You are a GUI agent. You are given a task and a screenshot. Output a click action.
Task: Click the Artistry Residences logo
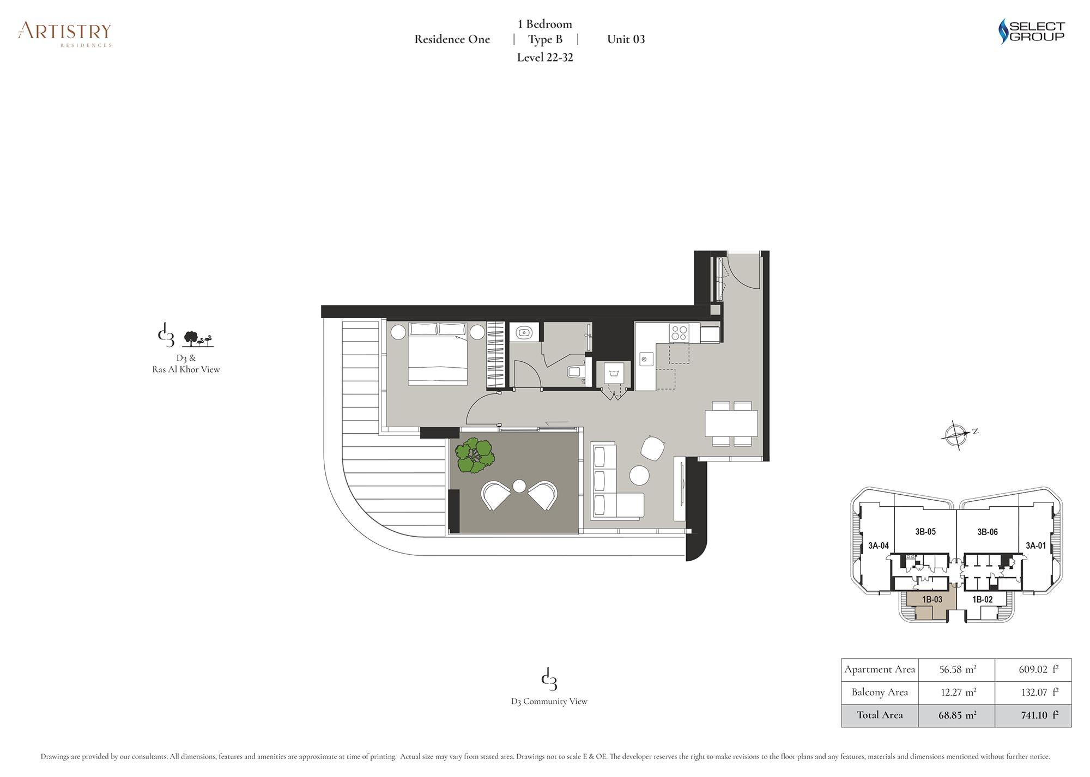65,34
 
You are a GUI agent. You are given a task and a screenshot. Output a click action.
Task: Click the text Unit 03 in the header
626,39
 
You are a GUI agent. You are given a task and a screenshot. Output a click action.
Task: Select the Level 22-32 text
545,57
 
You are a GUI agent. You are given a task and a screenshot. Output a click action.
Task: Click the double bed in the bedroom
438,354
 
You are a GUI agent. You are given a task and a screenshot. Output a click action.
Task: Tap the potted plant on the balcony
475,456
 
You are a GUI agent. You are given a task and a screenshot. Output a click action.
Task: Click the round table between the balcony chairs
519,485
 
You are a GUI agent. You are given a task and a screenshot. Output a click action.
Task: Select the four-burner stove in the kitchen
679,332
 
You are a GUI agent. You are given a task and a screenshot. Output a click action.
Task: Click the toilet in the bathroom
576,372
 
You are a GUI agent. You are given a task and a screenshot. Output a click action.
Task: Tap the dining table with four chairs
731,423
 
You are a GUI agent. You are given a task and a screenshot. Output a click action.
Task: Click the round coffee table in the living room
639,476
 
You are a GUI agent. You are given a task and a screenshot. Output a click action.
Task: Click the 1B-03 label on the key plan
932,599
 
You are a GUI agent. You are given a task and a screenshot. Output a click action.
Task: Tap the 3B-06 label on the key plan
987,532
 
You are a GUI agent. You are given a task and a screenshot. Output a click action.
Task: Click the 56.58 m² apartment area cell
957,669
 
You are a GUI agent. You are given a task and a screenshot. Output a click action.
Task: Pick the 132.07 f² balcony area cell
1033,692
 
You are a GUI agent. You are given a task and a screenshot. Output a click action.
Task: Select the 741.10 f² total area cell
1033,715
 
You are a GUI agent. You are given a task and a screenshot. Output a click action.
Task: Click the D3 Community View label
549,701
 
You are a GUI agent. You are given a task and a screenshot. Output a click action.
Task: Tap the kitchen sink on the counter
645,359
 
